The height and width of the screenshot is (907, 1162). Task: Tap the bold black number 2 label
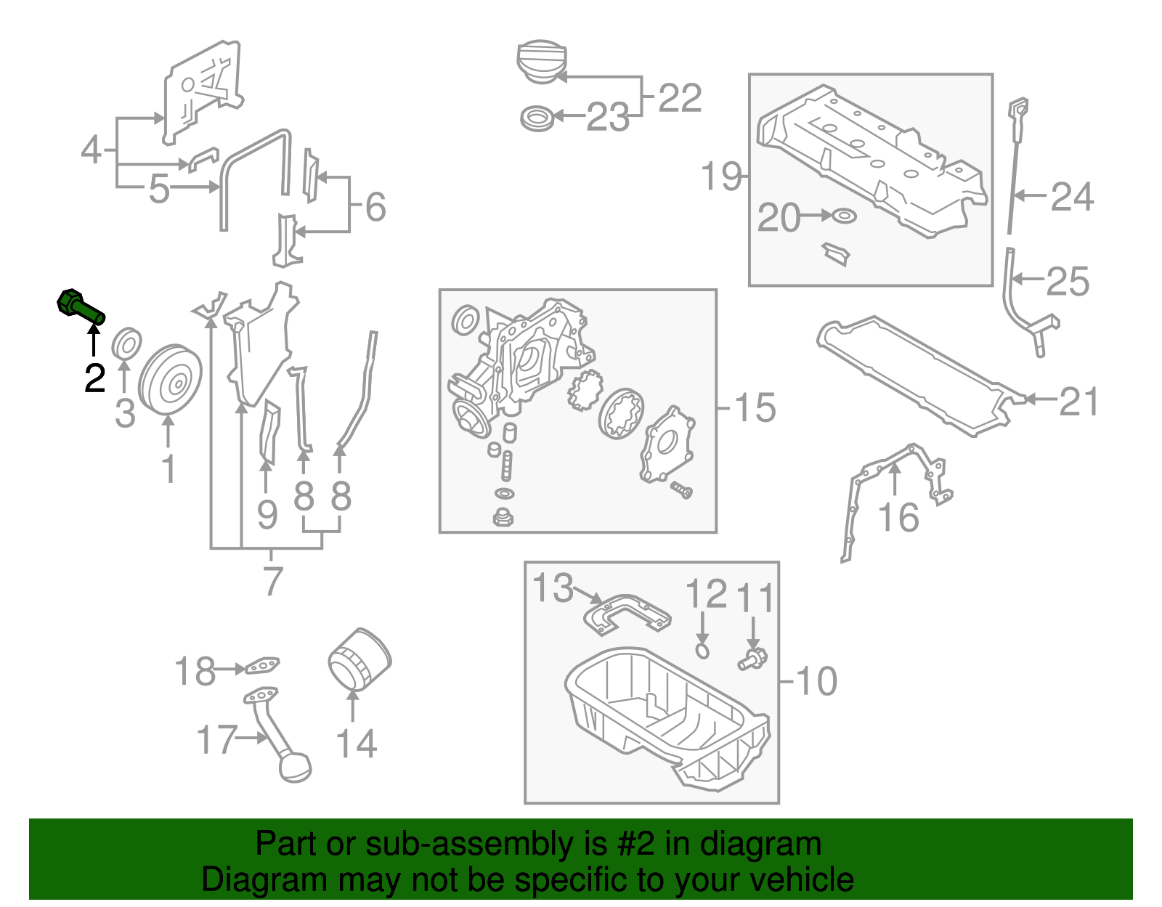coord(94,378)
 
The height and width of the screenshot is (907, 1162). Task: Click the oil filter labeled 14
coord(359,659)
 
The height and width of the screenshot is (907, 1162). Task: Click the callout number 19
coord(721,176)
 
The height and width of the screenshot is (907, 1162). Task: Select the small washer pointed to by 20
coord(845,216)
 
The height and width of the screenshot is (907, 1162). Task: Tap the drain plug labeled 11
coord(752,659)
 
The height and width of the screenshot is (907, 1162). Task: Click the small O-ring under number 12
coord(702,650)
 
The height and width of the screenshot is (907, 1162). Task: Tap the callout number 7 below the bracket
coord(272,581)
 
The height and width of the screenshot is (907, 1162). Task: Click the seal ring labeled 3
coord(126,343)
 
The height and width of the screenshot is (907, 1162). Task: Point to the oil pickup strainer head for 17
coord(295,768)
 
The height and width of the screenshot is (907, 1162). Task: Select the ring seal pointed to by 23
coord(537,117)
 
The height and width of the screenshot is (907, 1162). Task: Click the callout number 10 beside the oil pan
coord(816,681)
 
